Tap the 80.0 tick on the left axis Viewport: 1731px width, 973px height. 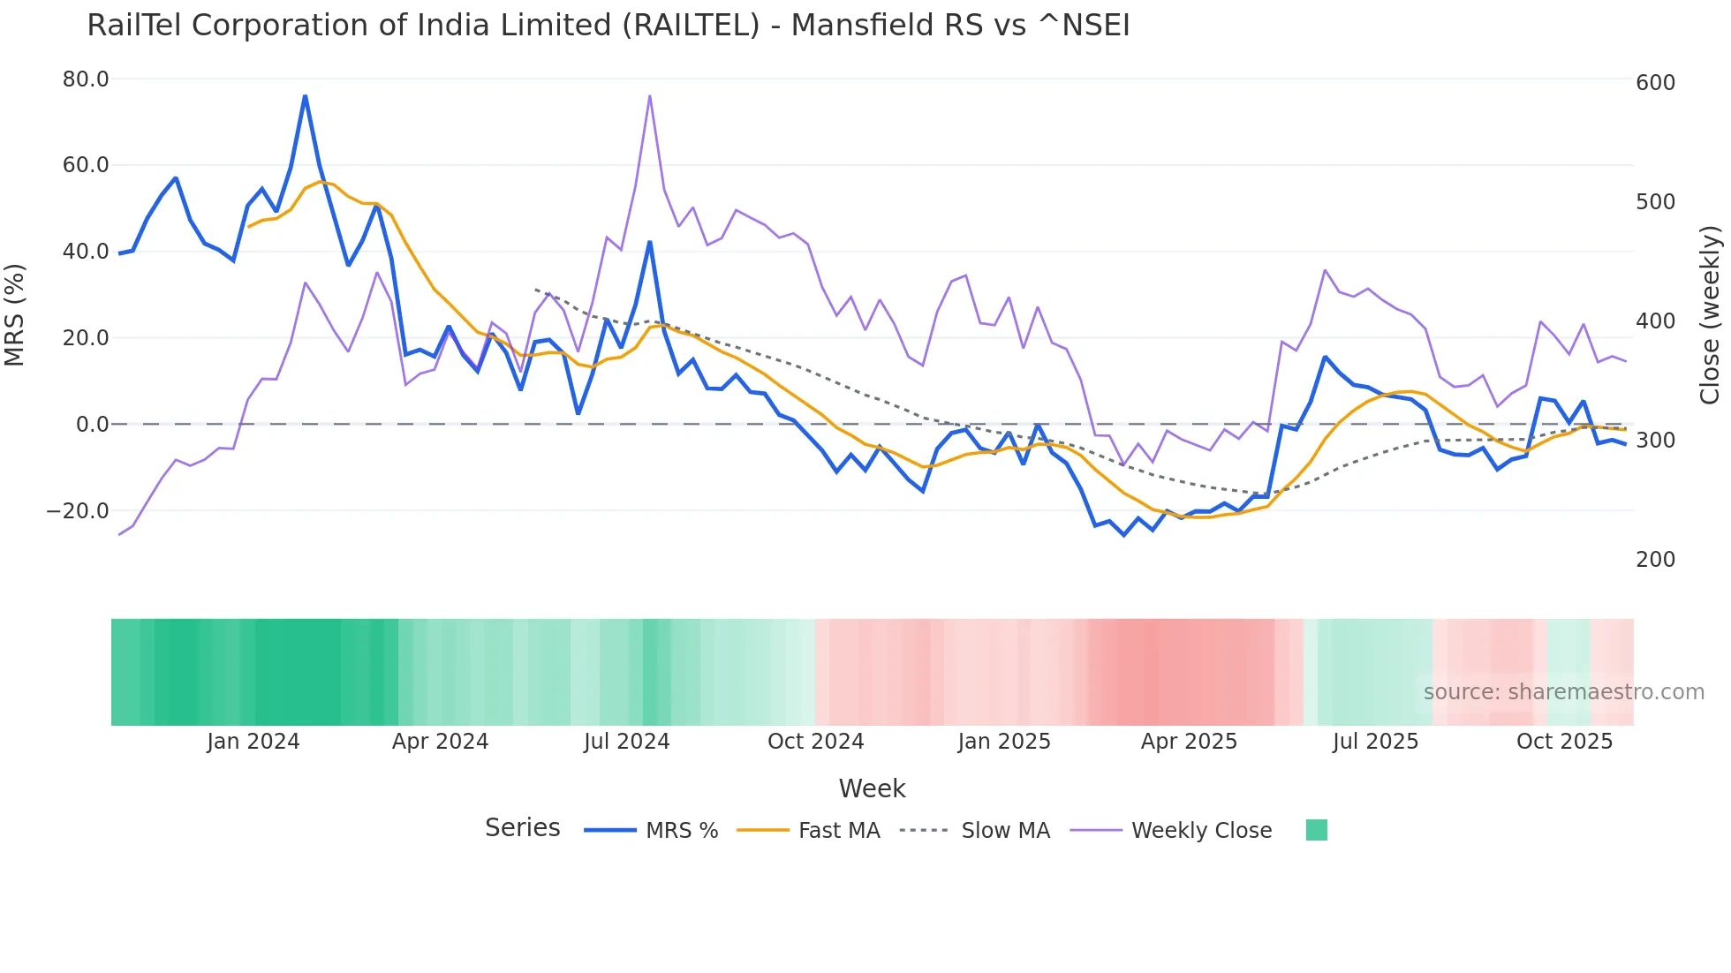[x=86, y=79]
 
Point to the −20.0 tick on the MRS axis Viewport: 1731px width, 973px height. [x=78, y=511]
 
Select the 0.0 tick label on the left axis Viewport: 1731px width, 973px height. [x=93, y=425]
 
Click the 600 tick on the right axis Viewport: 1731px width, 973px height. [x=1655, y=83]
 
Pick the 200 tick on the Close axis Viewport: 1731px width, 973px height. [x=1655, y=560]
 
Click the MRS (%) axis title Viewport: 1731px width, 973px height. [x=15, y=315]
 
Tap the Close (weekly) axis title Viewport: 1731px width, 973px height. [x=1710, y=315]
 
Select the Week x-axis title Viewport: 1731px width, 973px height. [x=872, y=788]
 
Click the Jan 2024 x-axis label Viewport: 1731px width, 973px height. [x=253, y=742]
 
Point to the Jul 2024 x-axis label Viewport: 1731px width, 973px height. [x=626, y=742]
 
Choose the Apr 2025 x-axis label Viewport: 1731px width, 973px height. [x=1189, y=742]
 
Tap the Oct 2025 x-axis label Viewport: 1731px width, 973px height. [x=1564, y=742]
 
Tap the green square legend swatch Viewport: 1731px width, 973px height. [x=1316, y=830]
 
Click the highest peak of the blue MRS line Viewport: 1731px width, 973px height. [x=305, y=96]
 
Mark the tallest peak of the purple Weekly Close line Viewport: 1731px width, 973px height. [x=649, y=96]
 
